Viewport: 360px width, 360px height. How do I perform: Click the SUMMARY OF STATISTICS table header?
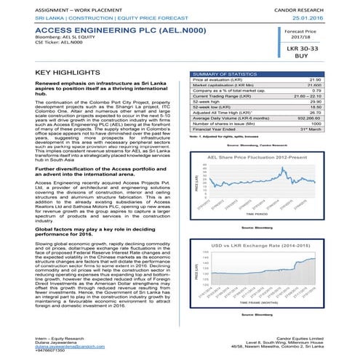point(221,73)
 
